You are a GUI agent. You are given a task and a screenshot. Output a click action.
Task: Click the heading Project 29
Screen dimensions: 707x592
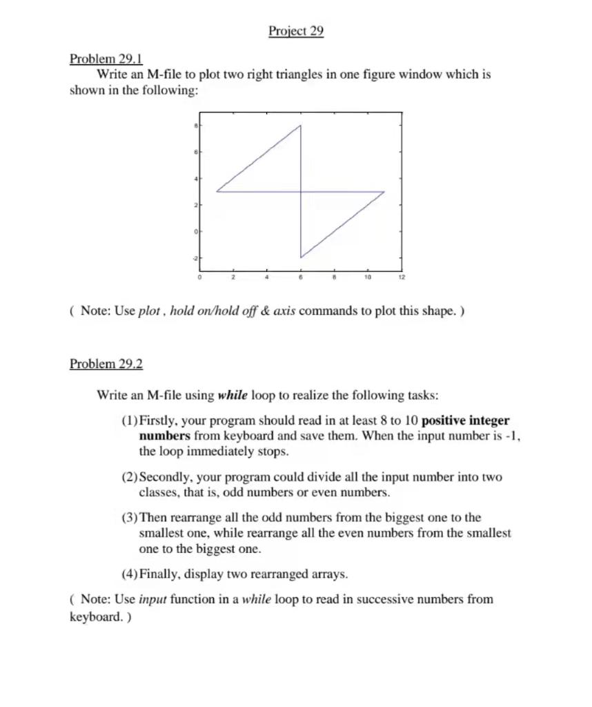pyautogui.click(x=296, y=31)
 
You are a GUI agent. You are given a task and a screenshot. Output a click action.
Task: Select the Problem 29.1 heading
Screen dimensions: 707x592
pyautogui.click(x=106, y=59)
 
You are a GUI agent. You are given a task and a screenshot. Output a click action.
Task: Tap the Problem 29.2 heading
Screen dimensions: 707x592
pyautogui.click(x=106, y=364)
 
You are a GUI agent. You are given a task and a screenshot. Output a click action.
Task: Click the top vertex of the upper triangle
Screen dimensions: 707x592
pyautogui.click(x=301, y=126)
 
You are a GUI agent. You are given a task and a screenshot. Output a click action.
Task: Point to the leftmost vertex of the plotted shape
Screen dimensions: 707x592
pyautogui.click(x=217, y=191)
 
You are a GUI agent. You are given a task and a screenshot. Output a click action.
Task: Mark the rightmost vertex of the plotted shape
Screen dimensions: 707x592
pyautogui.click(x=384, y=192)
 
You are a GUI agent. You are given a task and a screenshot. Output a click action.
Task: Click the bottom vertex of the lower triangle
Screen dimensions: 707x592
pyautogui.click(x=301, y=258)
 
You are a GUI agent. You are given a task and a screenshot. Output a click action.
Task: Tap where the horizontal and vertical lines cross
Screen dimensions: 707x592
pyautogui.click(x=301, y=192)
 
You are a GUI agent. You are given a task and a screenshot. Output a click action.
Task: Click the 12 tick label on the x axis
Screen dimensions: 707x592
pyautogui.click(x=402, y=277)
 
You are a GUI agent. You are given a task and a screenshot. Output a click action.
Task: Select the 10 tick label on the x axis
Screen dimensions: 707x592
pyautogui.click(x=368, y=277)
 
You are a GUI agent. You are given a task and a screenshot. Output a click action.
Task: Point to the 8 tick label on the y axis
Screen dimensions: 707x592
pyautogui.click(x=195, y=126)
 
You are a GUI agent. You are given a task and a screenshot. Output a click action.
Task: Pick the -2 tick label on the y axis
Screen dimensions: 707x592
pyautogui.click(x=195, y=258)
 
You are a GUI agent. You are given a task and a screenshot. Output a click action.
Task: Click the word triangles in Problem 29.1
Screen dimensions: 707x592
pyautogui.click(x=298, y=74)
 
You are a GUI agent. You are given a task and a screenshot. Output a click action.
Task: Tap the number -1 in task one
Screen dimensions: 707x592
pyautogui.click(x=511, y=436)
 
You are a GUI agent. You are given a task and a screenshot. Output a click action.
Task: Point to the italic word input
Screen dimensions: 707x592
pyautogui.click(x=153, y=599)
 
